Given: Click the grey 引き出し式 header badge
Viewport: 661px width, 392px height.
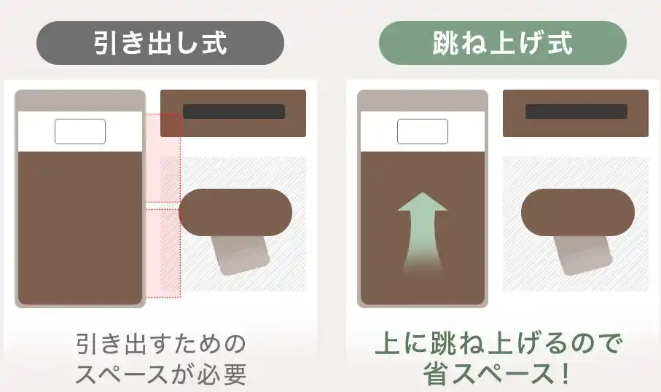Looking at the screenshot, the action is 160,43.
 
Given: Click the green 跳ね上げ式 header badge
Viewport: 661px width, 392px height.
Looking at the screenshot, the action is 503,43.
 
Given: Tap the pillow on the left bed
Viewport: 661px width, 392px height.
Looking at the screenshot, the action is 80,131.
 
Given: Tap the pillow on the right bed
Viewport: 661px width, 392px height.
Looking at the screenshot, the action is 423,131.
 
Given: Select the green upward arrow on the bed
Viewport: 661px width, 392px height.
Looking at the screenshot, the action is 423,234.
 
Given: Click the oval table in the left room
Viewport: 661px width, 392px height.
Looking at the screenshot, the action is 236,213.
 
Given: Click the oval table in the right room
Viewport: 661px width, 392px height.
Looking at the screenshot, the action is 578,213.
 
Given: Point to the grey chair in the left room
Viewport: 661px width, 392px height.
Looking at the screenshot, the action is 240,256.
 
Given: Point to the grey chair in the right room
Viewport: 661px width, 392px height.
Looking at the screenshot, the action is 582,256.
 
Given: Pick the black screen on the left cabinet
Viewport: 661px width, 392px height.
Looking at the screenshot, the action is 234,111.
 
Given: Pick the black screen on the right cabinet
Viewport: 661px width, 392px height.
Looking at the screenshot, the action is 576,111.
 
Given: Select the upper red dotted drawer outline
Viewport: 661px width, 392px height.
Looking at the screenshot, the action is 163,158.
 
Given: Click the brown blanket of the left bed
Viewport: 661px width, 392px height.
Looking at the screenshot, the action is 80,227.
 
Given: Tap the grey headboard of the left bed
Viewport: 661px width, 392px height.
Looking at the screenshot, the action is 80,101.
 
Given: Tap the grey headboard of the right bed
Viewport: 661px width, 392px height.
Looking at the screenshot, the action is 423,101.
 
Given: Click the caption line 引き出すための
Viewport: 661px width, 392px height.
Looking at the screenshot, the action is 161,343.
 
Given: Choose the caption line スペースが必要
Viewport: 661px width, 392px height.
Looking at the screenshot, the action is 161,374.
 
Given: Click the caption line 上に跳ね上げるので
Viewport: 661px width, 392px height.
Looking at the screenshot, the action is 499,343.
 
